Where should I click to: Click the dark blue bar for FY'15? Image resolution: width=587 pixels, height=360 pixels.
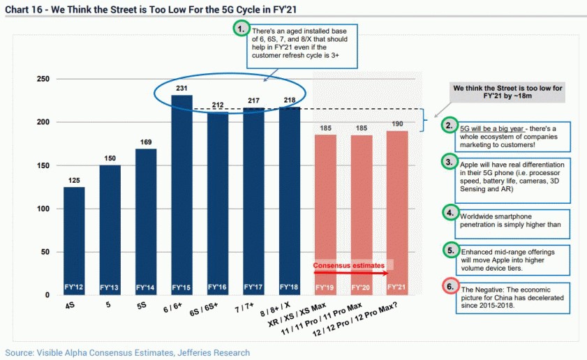[182, 195]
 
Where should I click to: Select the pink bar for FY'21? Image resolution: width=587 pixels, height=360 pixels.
[397, 213]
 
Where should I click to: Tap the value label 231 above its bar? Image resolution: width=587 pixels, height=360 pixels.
[181, 89]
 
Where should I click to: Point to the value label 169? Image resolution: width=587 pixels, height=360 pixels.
[146, 142]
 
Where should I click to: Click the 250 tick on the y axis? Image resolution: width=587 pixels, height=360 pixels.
[43, 79]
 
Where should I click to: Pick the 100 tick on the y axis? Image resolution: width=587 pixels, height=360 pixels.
[43, 209]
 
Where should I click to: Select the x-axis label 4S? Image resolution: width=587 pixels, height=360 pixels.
[70, 306]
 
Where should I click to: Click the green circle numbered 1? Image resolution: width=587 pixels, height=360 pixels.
[242, 29]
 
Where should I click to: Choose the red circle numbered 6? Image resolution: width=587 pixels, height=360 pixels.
[450, 286]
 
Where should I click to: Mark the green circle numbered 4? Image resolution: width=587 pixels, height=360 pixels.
[450, 213]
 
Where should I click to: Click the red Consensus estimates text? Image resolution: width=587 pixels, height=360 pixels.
[348, 265]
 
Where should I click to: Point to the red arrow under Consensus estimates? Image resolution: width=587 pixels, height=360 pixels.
[351, 273]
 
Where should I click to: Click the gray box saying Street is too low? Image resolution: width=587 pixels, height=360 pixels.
[507, 92]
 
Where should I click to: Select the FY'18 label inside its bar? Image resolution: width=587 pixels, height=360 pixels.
[289, 287]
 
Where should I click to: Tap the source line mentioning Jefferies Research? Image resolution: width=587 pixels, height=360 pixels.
[127, 352]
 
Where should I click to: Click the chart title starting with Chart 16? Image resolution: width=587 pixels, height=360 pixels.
[151, 9]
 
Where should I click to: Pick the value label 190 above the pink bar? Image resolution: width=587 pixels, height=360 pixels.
[398, 124]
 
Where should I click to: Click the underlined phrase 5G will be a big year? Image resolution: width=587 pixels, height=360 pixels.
[491, 129]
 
